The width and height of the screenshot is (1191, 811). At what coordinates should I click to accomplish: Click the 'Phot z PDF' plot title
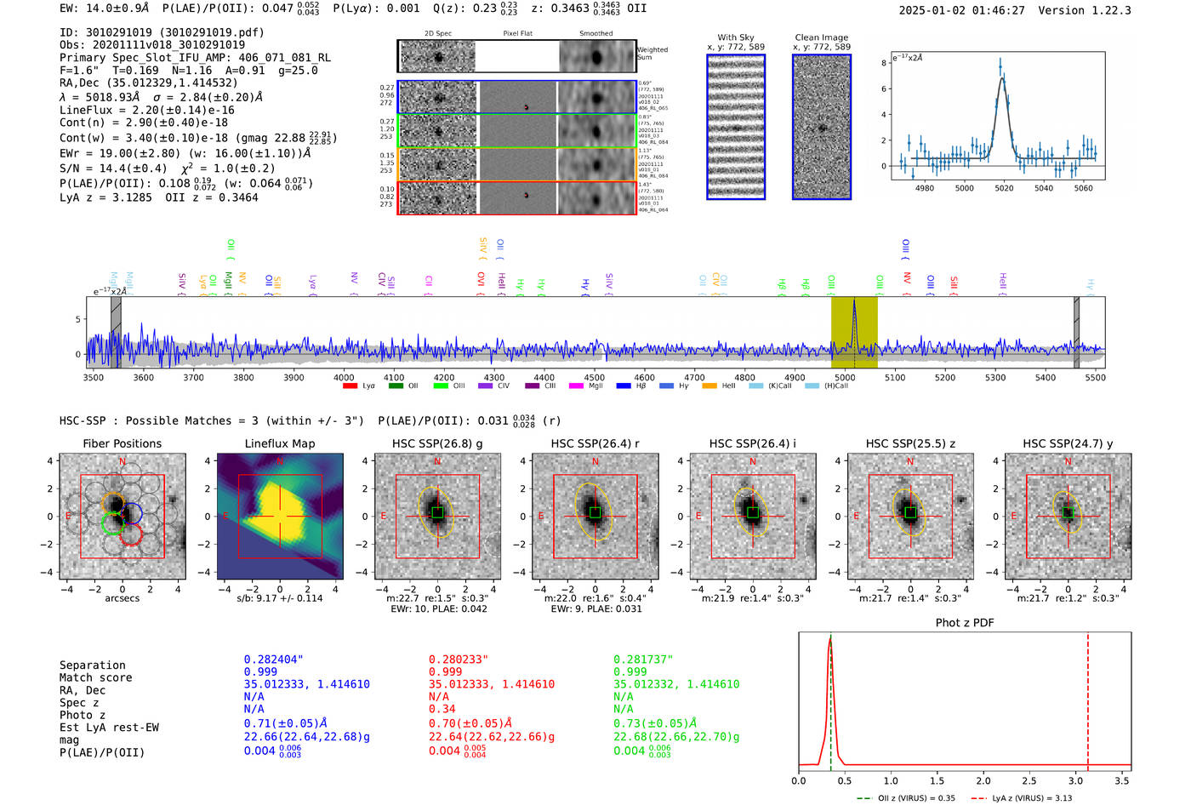click(965, 623)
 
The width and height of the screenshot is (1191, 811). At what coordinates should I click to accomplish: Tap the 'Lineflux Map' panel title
click(280, 443)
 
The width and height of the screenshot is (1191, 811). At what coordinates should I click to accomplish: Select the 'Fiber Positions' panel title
click(122, 443)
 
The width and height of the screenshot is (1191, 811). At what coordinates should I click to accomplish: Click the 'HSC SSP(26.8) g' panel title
click(437, 443)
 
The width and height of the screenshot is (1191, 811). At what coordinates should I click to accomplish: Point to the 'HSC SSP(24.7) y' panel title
click(1068, 443)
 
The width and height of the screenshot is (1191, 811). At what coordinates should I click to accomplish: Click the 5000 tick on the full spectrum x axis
click(845, 377)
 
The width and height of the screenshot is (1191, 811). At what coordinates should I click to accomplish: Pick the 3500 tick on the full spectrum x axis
click(94, 377)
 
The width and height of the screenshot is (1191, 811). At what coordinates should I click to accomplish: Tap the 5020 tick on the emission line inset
click(1004, 188)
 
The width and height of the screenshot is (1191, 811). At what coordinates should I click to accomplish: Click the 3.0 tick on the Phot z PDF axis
click(1076, 780)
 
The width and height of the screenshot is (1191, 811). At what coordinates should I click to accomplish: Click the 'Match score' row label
click(95, 678)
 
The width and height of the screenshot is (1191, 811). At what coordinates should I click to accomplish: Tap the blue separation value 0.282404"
click(273, 660)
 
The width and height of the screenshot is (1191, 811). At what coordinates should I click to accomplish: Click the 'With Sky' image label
click(736, 37)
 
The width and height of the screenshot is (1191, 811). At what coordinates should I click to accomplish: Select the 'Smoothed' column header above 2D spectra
click(595, 34)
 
